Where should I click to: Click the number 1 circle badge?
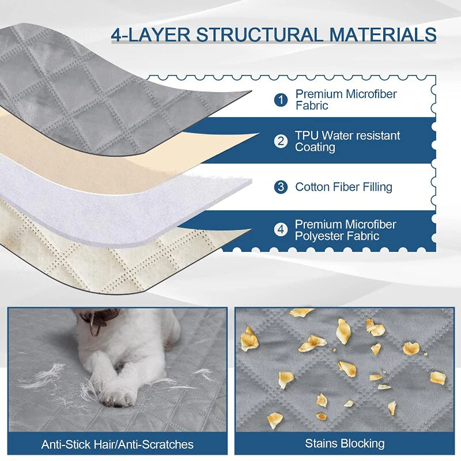pyautogui.click(x=281, y=100)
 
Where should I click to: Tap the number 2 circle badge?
pyautogui.click(x=281, y=141)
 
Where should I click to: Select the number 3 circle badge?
pyautogui.click(x=281, y=187)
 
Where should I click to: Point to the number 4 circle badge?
pyautogui.click(x=281, y=230)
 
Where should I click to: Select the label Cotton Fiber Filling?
pyautogui.click(x=343, y=187)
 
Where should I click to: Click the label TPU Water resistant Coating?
pyautogui.click(x=347, y=141)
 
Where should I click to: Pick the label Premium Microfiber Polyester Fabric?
pyautogui.click(x=346, y=230)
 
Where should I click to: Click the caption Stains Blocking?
pyautogui.click(x=345, y=444)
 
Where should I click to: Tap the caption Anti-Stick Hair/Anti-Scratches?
pyautogui.click(x=118, y=444)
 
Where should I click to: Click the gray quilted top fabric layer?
pyautogui.click(x=104, y=92)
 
